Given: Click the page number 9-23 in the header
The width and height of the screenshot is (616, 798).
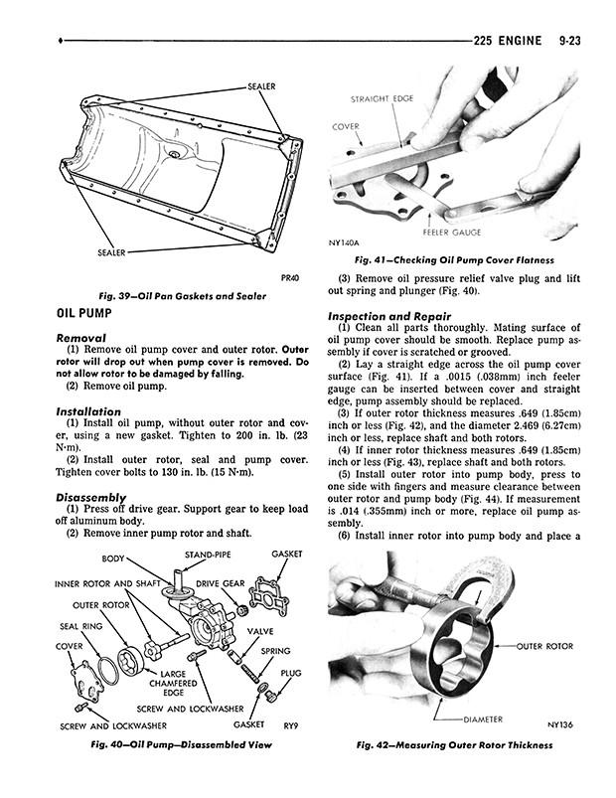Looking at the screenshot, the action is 568,41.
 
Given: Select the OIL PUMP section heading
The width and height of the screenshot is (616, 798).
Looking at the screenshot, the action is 83,313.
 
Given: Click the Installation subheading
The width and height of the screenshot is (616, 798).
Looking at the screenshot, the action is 88,411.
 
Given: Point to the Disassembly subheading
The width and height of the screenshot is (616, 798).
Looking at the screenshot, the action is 91,497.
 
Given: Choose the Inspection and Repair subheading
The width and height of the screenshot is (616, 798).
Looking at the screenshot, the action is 389,316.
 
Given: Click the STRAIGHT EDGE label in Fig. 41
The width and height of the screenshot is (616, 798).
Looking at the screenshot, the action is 382,98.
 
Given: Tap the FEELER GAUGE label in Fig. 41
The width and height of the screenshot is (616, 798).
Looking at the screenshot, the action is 452,233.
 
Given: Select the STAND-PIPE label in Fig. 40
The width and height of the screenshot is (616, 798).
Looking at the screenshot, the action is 208,555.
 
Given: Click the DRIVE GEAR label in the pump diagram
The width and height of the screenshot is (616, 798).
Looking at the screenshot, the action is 221,583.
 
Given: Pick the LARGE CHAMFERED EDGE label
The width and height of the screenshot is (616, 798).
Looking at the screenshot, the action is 173,683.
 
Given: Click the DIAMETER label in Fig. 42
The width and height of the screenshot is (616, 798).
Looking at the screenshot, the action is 483,719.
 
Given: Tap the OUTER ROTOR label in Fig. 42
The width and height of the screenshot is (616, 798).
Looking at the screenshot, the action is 544,646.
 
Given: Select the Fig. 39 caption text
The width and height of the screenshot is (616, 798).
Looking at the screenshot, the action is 182,296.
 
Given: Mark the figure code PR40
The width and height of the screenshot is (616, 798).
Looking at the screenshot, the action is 290,278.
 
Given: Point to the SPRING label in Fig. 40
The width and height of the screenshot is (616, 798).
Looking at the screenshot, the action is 275,651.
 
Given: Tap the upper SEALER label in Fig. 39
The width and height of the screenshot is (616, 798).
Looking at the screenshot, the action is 261,86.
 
